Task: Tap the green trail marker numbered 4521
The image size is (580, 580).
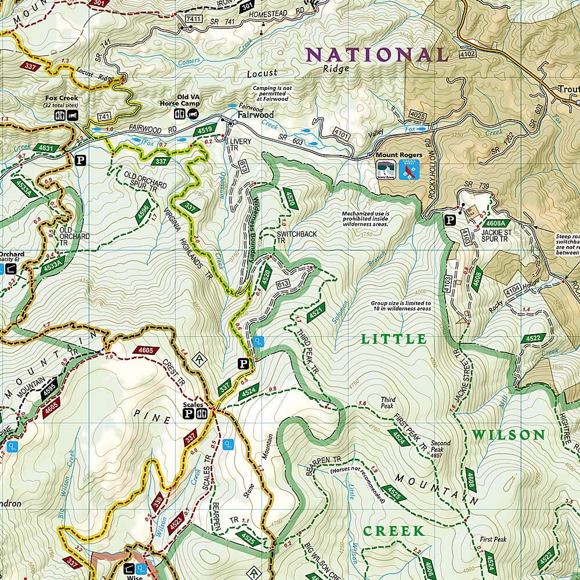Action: click(316, 313)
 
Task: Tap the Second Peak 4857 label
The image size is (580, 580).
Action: click(440, 447)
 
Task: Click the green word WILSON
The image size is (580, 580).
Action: click(508, 435)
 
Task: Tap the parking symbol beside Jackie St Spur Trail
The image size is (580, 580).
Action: click(449, 220)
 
